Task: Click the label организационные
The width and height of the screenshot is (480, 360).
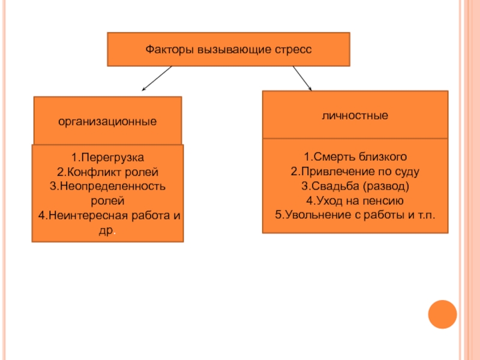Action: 107,122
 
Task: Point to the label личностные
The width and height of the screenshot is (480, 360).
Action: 355,115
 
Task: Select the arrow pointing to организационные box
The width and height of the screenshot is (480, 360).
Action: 157,79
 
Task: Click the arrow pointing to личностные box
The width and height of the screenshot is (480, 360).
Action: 302,79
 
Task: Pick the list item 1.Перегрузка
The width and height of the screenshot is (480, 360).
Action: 107,158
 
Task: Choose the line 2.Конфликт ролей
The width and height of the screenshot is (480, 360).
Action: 107,172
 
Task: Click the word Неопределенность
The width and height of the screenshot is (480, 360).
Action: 113,186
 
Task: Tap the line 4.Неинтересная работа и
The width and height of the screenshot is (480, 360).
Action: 109,215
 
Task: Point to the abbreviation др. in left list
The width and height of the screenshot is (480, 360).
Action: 107,230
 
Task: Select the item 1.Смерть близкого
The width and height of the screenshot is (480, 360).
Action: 355,157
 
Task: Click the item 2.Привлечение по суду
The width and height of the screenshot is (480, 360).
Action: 355,172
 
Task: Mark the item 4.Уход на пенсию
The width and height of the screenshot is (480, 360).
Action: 355,201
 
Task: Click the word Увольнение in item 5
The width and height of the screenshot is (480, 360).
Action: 318,215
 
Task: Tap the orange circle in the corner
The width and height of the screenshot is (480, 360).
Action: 442,314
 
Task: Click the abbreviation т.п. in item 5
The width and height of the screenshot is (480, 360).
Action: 427,215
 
